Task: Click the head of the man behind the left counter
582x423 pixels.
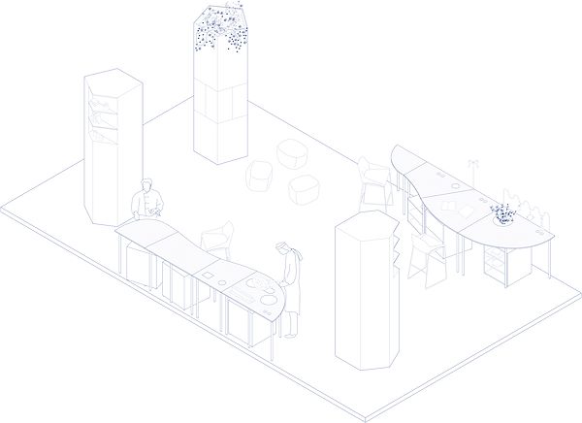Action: coord(146,186)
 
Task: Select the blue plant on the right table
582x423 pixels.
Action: coord(502,212)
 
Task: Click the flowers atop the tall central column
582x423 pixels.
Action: coord(220,29)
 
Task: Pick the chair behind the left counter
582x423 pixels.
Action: coord(218,239)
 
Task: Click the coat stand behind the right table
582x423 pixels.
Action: coord(472,170)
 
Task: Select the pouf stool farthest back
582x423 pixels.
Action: coord(292,153)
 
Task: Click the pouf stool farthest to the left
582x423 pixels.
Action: coord(260,177)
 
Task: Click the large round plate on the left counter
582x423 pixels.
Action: coord(258,284)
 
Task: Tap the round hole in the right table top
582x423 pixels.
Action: coord(454,180)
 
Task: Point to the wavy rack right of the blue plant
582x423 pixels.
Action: coord(533,207)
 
